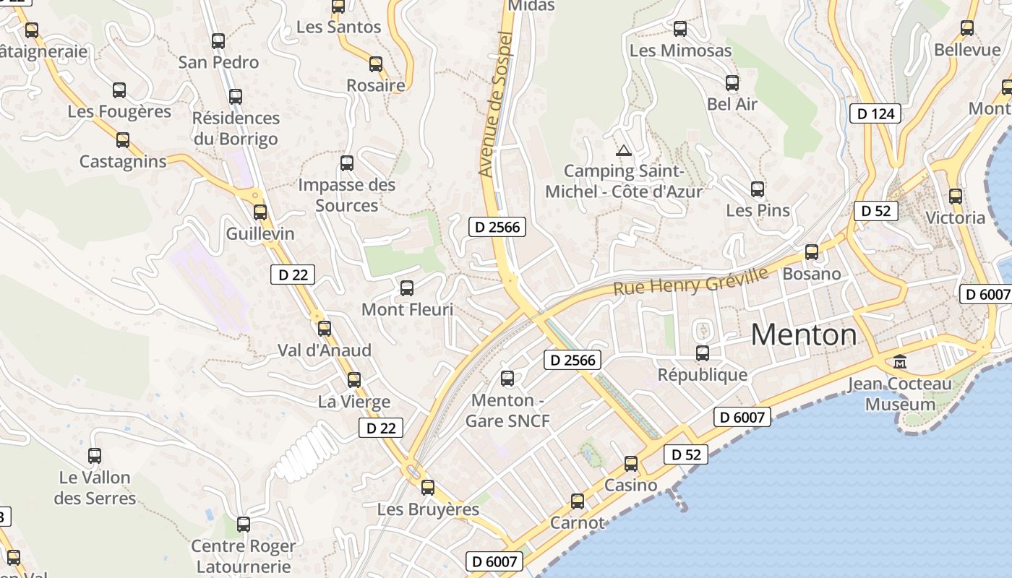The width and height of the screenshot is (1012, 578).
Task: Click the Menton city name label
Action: [x=804, y=335]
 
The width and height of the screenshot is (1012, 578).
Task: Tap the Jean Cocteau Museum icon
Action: [x=900, y=361]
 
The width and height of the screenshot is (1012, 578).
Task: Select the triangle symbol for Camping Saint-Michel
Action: [x=623, y=151]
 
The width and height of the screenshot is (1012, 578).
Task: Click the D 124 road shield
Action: [x=875, y=113]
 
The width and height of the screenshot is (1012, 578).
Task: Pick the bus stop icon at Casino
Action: [x=631, y=464]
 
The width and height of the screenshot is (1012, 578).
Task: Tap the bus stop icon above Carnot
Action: [x=578, y=501]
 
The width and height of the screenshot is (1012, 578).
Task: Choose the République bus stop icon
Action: [x=703, y=353]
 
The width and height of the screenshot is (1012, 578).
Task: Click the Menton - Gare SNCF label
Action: [x=507, y=410]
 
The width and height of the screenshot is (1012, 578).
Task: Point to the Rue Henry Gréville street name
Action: [x=690, y=280]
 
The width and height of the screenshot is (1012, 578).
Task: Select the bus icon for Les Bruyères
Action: [x=428, y=488]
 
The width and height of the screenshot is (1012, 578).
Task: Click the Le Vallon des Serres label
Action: [x=95, y=488]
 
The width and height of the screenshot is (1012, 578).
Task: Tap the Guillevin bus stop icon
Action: [x=260, y=212]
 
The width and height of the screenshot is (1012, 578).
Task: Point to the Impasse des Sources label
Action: [x=347, y=195]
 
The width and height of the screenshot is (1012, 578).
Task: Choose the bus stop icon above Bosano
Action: [x=812, y=252]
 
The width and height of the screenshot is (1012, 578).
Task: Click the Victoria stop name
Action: [x=955, y=217]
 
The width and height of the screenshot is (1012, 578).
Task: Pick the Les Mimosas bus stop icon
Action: [x=680, y=29]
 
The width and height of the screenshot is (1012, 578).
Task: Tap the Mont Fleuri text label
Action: [x=407, y=310]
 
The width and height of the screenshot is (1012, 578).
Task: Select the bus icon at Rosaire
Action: [x=376, y=64]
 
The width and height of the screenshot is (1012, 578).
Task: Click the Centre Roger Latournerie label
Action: [x=243, y=556]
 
